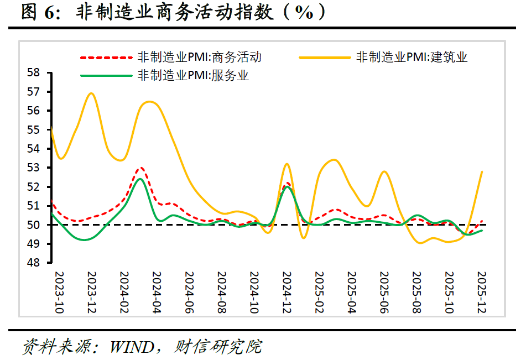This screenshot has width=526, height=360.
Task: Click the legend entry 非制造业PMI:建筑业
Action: pos(412,57)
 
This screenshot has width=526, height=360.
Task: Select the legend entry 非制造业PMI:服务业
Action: pos(193,76)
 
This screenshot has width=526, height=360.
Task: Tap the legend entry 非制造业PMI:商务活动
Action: pos(199,57)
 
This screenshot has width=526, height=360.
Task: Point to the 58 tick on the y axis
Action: pos(34,72)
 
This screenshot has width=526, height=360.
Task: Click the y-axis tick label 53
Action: pos(34,168)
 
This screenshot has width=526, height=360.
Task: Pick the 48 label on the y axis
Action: pos(34,263)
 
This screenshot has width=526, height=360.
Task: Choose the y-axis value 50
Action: pos(34,225)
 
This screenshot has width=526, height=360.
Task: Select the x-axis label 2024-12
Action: pos(287,293)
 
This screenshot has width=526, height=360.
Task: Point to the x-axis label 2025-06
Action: pos(384,293)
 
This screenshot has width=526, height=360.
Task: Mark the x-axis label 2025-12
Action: pos(481,293)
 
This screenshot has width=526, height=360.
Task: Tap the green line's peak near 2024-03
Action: pos(140,179)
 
